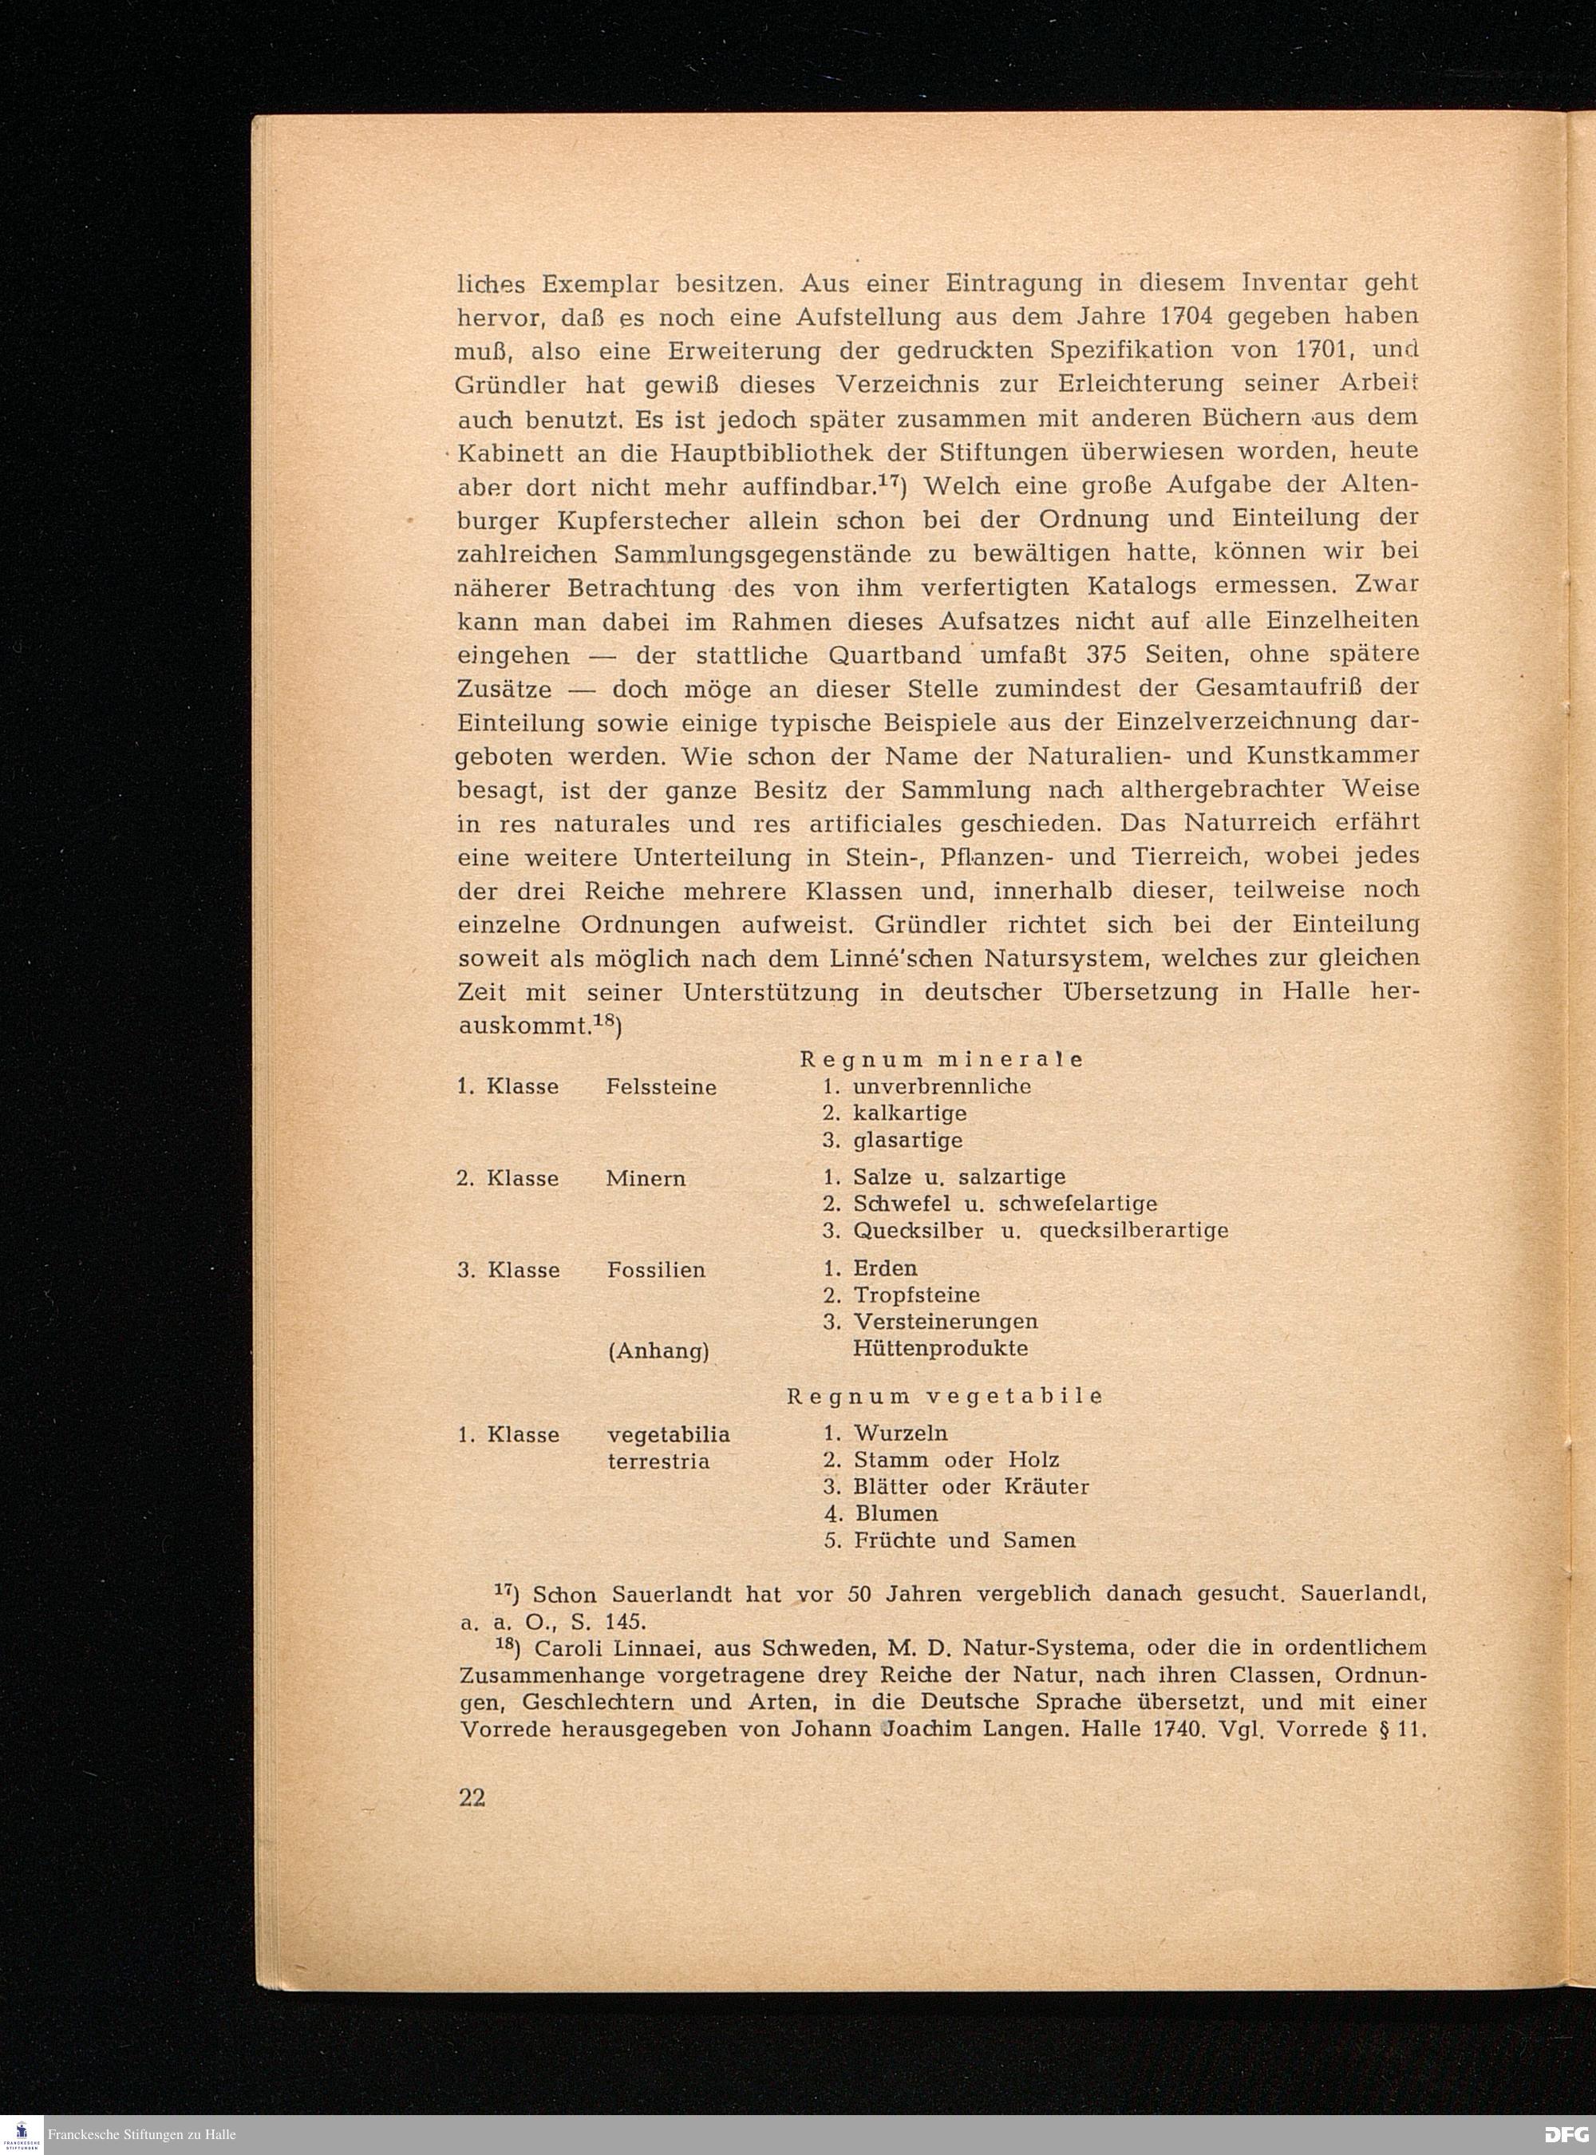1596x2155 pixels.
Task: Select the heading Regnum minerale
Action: tap(941, 1059)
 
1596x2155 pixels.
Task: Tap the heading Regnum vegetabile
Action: tap(944, 1397)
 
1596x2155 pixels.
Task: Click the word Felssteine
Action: tap(661, 1087)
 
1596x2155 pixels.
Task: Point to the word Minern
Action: tap(646, 1179)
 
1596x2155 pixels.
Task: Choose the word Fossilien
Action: tap(656, 1271)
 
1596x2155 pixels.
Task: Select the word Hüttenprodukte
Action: tap(940, 1348)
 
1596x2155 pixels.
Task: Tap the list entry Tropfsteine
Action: tap(916, 1295)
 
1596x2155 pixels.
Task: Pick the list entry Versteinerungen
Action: tap(945, 1321)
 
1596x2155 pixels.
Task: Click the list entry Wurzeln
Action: tap(900, 1433)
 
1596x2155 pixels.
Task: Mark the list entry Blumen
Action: tap(896, 1513)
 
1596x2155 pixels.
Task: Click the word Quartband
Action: tap(895, 654)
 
